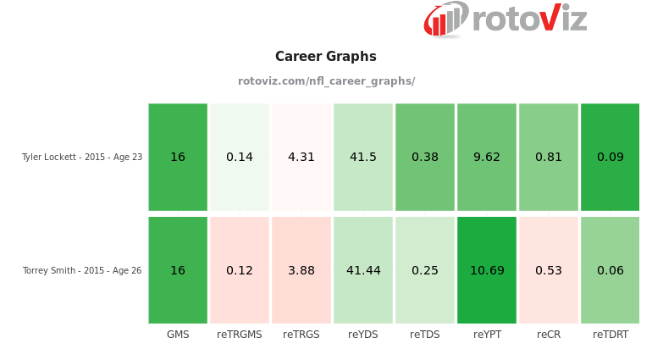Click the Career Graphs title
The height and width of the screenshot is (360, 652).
(325, 57)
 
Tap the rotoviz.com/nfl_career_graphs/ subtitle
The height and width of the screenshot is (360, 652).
(326, 81)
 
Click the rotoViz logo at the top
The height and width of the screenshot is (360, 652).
(506, 19)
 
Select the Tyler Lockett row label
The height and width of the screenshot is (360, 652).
(81, 157)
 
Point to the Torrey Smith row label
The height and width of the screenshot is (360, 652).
(81, 270)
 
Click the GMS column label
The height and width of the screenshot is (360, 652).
(178, 335)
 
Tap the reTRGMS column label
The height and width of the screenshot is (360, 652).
(240, 335)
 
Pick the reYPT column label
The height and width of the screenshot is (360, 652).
(487, 335)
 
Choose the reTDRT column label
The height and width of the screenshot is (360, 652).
(611, 335)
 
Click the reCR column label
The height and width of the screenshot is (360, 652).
(549, 335)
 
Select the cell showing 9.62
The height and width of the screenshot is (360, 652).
(487, 157)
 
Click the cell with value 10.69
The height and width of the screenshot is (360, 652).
(487, 270)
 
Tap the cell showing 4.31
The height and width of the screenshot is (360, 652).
(301, 157)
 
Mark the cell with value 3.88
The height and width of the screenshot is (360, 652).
(301, 270)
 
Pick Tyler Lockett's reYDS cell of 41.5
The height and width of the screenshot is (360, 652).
(363, 157)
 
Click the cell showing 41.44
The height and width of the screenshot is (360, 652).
(363, 270)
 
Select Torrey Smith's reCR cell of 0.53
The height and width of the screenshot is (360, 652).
(549, 270)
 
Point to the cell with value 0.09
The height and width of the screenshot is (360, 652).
(611, 157)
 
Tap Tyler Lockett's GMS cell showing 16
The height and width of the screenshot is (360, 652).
(178, 157)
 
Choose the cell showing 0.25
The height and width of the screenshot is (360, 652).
(425, 270)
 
